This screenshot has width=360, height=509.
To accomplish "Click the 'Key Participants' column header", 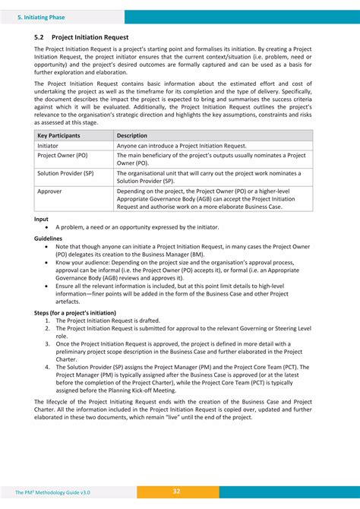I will pyautogui.click(x=59, y=135).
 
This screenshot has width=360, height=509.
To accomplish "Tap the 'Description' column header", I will pyautogui.click(x=133, y=135).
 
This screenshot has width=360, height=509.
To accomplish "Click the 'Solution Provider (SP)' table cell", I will pyautogui.click(x=66, y=172).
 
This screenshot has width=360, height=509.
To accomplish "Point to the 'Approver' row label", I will pyautogui.click(x=50, y=191).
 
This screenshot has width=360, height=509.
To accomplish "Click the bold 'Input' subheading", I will pyautogui.click(x=42, y=219).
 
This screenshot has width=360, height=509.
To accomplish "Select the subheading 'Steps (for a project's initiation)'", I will pyautogui.click(x=75, y=312).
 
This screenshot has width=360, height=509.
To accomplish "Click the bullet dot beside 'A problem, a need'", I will pyautogui.click(x=49, y=227).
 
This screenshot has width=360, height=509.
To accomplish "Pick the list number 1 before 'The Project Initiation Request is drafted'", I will pyautogui.click(x=48, y=321).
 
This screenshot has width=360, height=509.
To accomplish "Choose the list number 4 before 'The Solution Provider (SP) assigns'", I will pyautogui.click(x=48, y=365).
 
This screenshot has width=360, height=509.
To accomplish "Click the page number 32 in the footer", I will pyautogui.click(x=176, y=492).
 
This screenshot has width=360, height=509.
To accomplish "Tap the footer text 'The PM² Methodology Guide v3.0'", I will pyautogui.click(x=52, y=493).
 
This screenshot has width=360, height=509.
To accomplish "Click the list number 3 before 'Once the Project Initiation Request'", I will pyautogui.click(x=48, y=343).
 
